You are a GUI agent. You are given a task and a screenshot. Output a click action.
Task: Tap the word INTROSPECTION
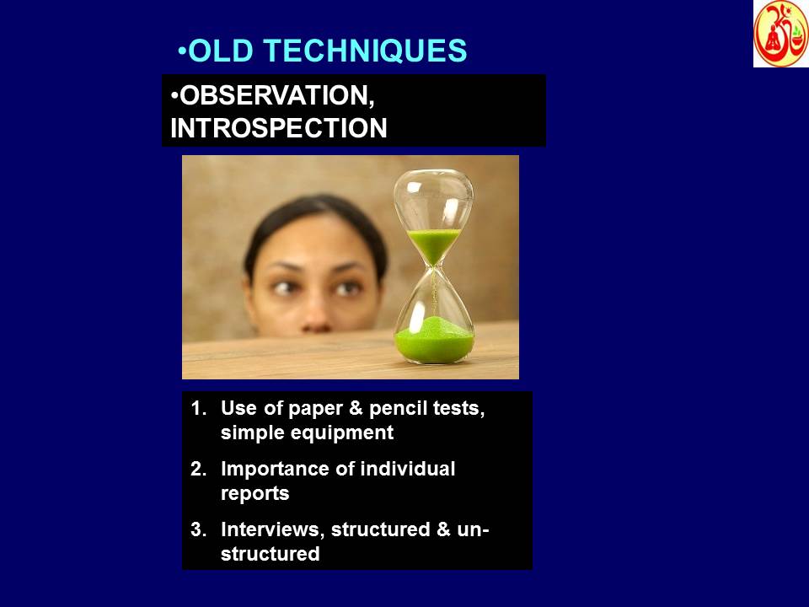coord(279,128)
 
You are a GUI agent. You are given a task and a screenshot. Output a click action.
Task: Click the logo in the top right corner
coord(780,34)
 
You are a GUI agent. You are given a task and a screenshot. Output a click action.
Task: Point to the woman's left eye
coord(346,288)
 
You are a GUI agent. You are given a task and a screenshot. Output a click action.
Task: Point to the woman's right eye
coord(286,288)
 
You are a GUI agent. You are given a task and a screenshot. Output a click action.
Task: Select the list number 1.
coord(198,409)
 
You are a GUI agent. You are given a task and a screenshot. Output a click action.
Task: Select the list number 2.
coord(198,470)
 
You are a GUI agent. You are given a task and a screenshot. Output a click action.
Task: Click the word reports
coord(254,494)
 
